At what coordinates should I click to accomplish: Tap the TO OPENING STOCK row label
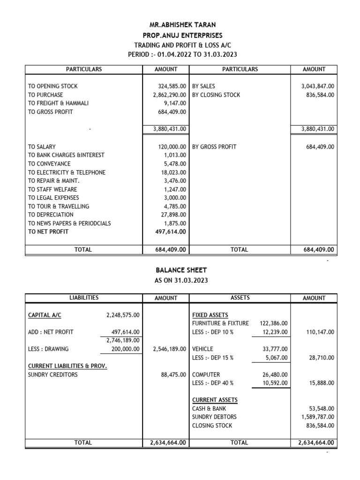pyautogui.click(x=53, y=87)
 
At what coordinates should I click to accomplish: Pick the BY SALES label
pyautogui.click(x=204, y=87)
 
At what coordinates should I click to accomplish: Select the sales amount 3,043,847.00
pyautogui.click(x=317, y=87)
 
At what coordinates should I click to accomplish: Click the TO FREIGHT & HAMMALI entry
pyautogui.click(x=58, y=104)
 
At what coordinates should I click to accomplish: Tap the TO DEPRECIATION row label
pyautogui.click(x=51, y=215)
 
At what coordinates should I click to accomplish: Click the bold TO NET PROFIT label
pyautogui.click(x=48, y=232)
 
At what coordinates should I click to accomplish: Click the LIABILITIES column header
pyautogui.click(x=83, y=298)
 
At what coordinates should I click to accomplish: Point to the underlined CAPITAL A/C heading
pyautogui.click(x=45, y=315)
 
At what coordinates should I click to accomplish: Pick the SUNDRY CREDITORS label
pyautogui.click(x=53, y=375)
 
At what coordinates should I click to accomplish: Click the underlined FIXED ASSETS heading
pyautogui.click(x=210, y=315)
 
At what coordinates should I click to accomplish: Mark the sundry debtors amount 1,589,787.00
pyautogui.click(x=317, y=417)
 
